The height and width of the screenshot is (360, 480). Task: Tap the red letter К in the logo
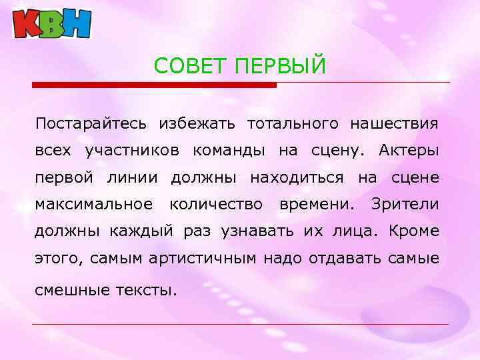click(x=27, y=24)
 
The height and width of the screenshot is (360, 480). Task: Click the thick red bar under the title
click(x=154, y=85)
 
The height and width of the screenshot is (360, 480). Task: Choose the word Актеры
click(x=409, y=151)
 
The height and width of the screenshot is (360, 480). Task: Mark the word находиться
click(x=297, y=177)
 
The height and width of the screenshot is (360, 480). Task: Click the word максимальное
click(x=94, y=204)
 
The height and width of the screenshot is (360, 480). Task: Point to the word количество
click(x=216, y=204)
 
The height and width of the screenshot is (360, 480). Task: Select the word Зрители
click(x=405, y=204)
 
